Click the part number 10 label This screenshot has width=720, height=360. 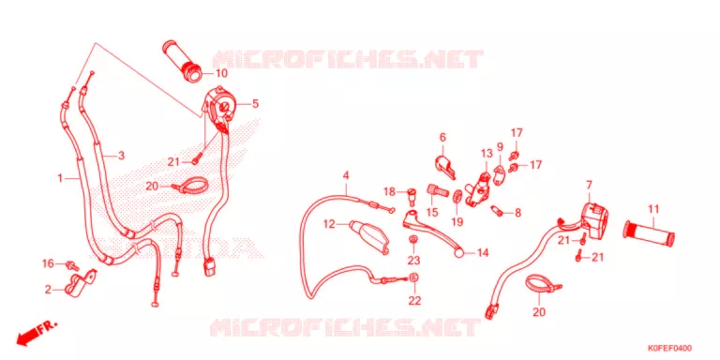(221, 73)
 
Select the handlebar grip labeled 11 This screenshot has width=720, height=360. (650, 232)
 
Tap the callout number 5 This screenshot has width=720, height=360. (255, 104)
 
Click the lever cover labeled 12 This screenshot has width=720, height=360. (369, 236)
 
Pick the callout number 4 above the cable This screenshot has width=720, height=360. (346, 175)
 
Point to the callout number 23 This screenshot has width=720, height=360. (413, 261)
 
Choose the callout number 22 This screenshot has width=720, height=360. (414, 301)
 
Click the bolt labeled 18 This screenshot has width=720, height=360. (412, 196)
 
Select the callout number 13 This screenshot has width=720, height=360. (486, 154)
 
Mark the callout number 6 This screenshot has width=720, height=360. (442, 137)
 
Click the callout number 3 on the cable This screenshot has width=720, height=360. (121, 156)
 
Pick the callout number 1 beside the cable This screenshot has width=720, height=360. (60, 177)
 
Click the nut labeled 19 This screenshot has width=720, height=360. (457, 196)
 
